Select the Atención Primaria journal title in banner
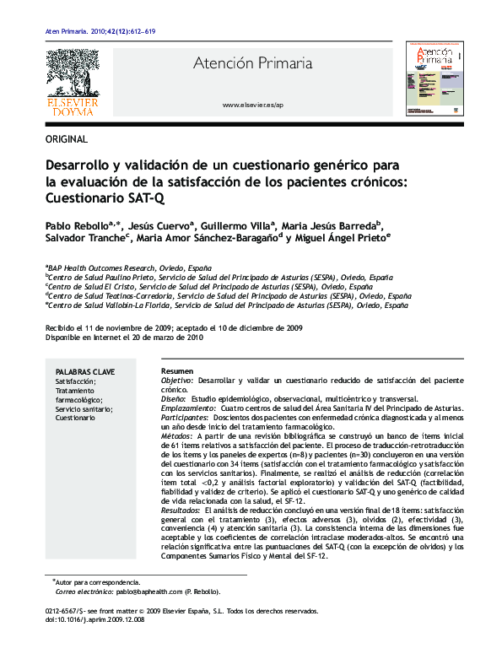(252, 63)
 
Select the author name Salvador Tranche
(84, 239)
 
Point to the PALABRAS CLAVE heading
(85, 371)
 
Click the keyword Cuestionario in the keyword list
(76, 419)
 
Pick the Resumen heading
(176, 371)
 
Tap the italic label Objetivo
(176, 381)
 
